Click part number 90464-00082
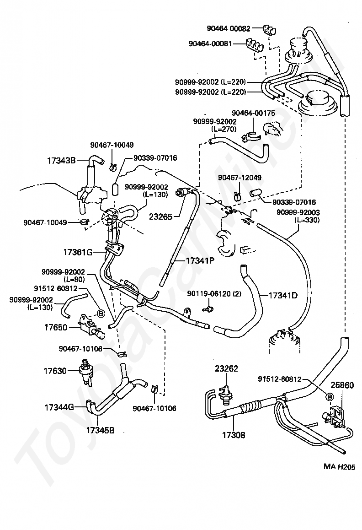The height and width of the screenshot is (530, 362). tap(229, 29)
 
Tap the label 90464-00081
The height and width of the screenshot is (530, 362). tap(210, 43)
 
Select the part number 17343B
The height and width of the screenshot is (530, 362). tap(61, 161)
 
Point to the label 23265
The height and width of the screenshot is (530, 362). tap(161, 216)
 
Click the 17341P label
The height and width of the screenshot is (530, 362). tap(200, 260)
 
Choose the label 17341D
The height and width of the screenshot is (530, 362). tap(283, 295)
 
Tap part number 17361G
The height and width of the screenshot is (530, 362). tap(78, 252)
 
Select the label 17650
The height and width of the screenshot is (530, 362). tap(56, 327)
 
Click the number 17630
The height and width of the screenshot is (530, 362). tap(55, 371)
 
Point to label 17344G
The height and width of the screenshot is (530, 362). tap(59, 408)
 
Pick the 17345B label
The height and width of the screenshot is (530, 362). tap(100, 430)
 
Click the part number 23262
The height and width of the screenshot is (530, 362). tap(226, 368)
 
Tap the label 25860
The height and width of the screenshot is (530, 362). tap(342, 385)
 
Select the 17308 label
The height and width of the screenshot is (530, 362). tap(234, 435)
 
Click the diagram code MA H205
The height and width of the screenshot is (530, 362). tap(339, 467)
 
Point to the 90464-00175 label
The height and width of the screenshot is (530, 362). tap(254, 113)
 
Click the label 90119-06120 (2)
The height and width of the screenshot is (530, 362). tap(214, 294)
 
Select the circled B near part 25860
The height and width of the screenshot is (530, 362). tap(330, 396)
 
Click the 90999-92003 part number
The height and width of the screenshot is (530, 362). tap(298, 212)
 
